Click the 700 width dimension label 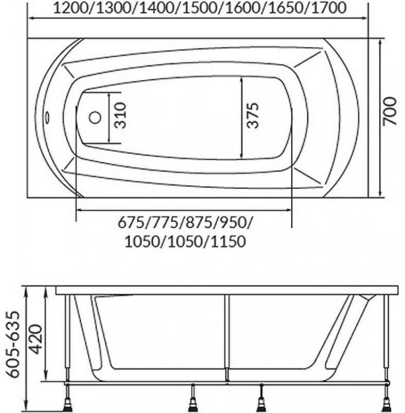tap(390, 111)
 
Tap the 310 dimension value tap(121, 116)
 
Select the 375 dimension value tap(253, 115)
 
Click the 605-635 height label tap(13, 345)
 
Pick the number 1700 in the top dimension tap(329, 8)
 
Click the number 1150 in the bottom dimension tap(228, 241)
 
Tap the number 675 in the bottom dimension tap(131, 223)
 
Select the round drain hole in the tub tap(95, 118)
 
